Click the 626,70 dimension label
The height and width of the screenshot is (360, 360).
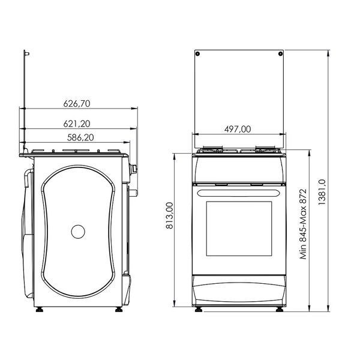tap(77, 104)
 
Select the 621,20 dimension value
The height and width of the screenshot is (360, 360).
tap(77, 124)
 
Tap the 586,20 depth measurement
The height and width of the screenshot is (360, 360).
tap(80, 137)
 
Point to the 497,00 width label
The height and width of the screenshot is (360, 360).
tap(238, 129)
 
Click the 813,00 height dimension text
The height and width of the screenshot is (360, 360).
tap(169, 215)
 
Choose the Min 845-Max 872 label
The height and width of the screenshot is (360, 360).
tap(303, 224)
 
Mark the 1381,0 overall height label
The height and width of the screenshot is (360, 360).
tap(322, 192)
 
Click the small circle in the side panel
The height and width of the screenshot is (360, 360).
tap(78, 232)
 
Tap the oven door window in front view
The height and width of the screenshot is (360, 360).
tap(239, 229)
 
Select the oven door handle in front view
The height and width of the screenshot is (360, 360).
tap(239, 193)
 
